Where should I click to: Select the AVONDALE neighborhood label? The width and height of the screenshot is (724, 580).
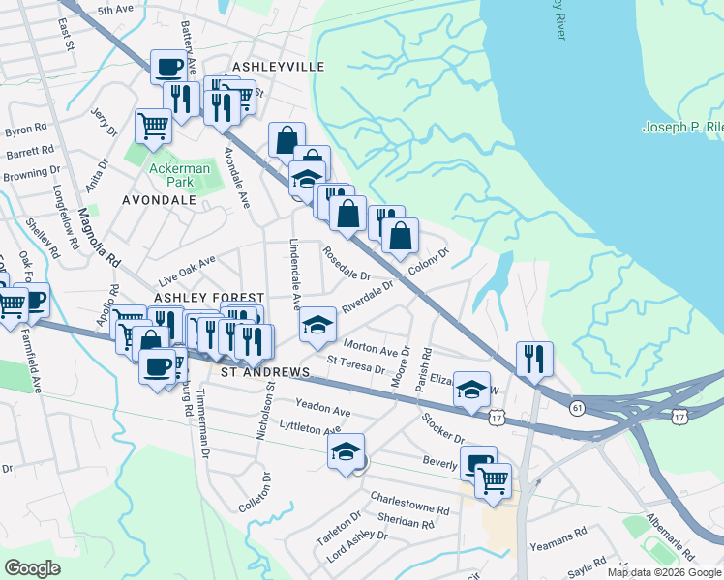(160, 200)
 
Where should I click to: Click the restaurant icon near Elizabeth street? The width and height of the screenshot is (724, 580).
(533, 359)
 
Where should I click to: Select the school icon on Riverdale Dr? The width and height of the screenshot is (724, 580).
(317, 326)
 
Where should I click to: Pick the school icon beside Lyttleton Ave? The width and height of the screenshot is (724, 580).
(346, 450)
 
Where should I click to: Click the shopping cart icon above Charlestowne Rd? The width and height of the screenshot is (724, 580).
(493, 479)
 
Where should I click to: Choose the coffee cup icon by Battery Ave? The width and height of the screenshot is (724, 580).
(170, 68)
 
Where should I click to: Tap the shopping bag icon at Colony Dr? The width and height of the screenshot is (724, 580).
(400, 235)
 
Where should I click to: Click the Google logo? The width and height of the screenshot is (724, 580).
(32, 567)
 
